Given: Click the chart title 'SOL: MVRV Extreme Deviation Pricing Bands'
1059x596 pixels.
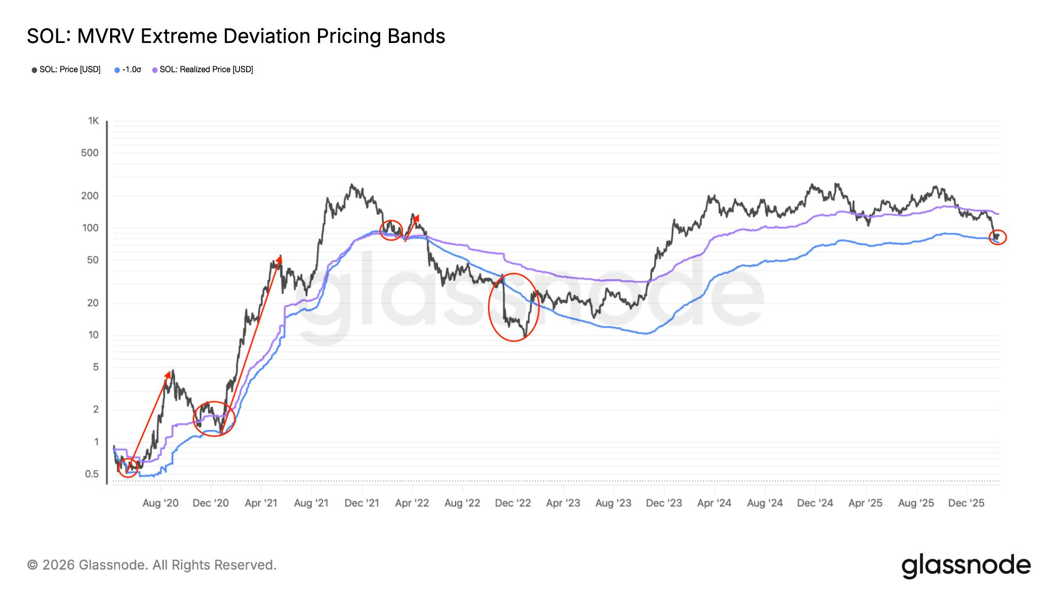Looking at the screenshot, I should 236,36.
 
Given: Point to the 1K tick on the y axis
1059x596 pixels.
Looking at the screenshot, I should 93,121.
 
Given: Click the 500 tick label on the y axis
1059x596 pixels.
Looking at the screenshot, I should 90,153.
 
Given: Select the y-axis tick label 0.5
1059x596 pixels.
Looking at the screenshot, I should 92,474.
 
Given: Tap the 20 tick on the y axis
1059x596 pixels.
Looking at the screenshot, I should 93,303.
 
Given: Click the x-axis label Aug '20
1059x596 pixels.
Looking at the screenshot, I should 160,503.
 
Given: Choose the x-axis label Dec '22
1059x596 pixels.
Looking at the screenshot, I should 513,503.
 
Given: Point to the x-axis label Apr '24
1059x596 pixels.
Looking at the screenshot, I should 714,503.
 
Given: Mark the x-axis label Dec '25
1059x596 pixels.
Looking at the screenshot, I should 966,503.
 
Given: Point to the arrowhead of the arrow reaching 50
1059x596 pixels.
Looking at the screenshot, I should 280,258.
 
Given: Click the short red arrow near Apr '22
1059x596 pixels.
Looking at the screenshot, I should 412,228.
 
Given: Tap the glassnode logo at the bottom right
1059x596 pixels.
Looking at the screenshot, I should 966,565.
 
